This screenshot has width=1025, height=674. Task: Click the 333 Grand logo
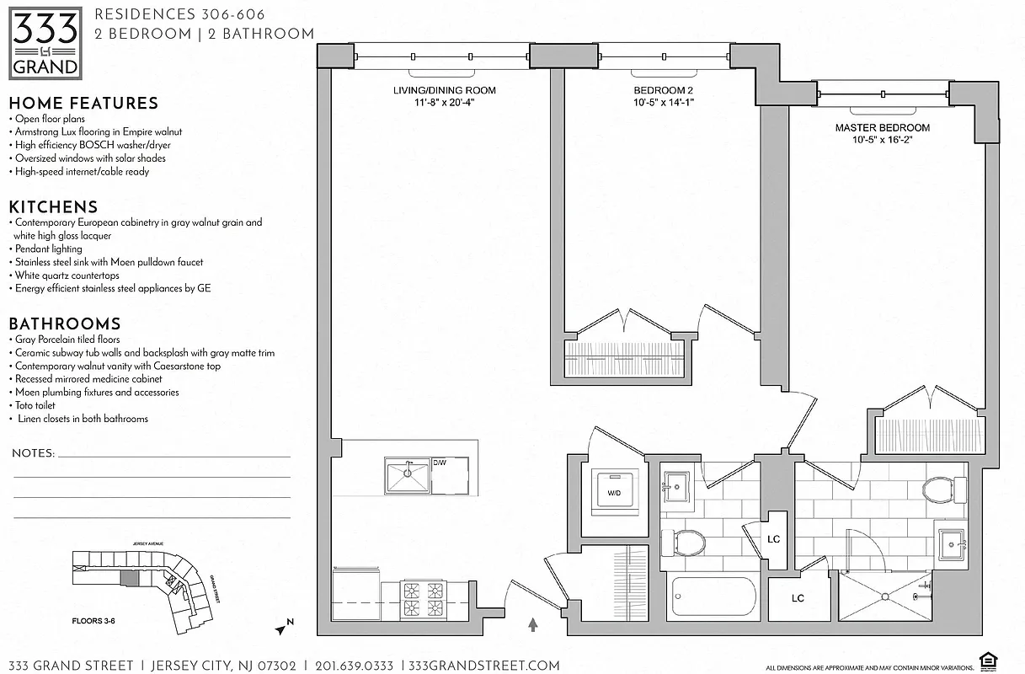point(45,42)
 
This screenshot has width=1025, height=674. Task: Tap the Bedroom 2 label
point(663,91)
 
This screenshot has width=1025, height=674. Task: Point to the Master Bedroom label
point(882,128)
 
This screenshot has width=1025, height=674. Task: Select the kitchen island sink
point(408,477)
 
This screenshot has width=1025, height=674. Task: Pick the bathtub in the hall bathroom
point(713,599)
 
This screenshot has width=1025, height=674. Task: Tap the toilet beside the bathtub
point(683,543)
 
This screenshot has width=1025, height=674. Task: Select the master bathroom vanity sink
point(953,544)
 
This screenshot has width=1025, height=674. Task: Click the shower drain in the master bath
point(885,596)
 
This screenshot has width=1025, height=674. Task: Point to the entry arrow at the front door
point(532,624)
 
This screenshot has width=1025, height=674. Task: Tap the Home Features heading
point(83,104)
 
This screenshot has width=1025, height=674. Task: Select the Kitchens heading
point(53,207)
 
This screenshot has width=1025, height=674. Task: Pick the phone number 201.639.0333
point(354,666)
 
